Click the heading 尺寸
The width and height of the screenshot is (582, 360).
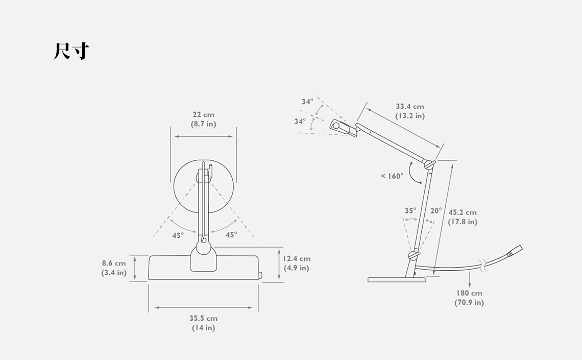(71, 51)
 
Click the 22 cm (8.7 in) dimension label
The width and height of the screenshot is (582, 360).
(203, 119)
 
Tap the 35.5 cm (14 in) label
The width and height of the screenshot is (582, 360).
(203, 323)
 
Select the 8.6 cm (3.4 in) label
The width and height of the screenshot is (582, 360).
(114, 268)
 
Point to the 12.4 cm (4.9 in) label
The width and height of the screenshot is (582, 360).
(297, 263)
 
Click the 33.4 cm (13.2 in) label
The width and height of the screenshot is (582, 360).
(410, 111)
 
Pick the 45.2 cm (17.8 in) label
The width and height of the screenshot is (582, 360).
(463, 217)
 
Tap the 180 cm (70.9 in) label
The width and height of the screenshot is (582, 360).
(469, 298)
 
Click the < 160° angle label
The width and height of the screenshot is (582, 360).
(392, 176)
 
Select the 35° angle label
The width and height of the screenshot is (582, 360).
(410, 210)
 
